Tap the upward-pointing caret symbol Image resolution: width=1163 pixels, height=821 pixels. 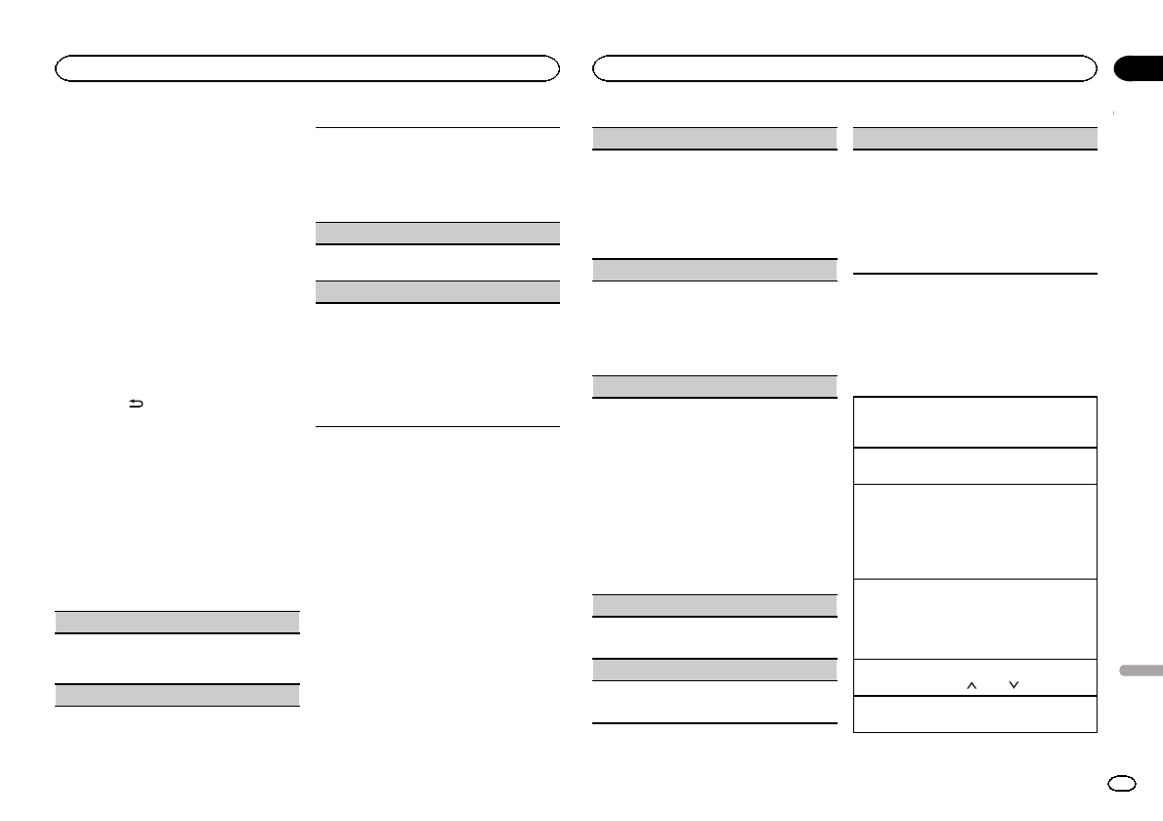point(971,686)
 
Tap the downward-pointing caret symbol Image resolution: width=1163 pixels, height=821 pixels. point(1014,686)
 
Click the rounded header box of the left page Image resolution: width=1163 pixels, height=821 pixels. point(308,68)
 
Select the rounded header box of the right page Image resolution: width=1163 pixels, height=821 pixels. point(845,68)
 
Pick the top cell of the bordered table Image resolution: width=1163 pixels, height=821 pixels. point(974,421)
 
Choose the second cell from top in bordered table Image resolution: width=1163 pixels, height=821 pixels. point(974,465)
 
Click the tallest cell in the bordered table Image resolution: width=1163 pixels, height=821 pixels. point(974,531)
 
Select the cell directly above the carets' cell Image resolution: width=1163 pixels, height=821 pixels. point(974,619)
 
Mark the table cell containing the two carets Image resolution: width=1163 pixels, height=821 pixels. point(974,677)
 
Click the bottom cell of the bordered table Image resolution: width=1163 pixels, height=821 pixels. point(974,713)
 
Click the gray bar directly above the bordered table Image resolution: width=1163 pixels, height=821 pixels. point(974,138)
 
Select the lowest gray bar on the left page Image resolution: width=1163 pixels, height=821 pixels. point(176,695)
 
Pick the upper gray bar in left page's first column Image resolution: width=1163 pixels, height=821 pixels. point(176,622)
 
